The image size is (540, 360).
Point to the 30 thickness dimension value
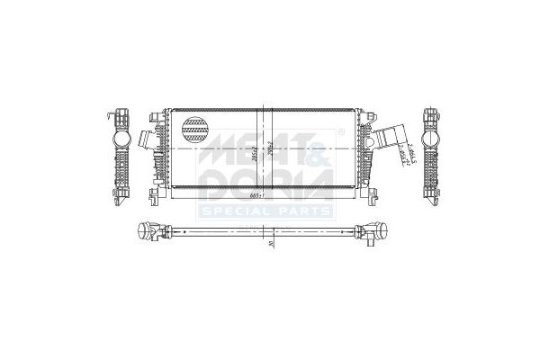point(269,243)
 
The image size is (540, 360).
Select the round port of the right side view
point(429,142)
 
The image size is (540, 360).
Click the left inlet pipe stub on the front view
point(147,141)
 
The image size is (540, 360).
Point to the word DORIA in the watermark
point(269,184)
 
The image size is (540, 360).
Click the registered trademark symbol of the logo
point(340,131)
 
